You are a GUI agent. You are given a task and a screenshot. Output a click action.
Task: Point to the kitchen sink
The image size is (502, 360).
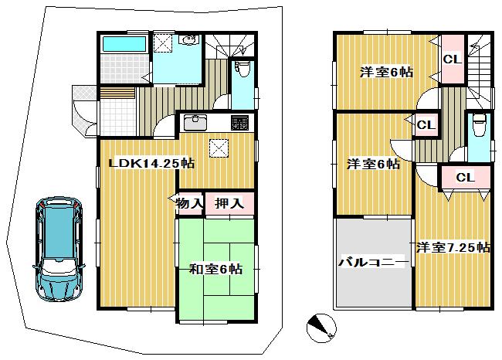coord(196,122)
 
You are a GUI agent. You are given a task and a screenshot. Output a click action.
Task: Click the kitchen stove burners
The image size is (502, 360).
coord(239,122)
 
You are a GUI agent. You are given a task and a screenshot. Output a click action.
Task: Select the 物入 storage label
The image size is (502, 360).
coord(190,203)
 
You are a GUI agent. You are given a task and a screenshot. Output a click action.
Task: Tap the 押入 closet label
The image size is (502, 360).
coord(229,203)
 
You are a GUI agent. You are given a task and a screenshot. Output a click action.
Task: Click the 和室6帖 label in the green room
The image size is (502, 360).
coord(216,269)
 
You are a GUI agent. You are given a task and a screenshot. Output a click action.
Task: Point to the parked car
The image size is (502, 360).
coord(59,249)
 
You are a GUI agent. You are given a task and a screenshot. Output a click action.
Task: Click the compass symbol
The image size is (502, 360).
coord(321,328)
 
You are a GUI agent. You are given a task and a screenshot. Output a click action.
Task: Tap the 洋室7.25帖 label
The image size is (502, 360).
coord(453,247)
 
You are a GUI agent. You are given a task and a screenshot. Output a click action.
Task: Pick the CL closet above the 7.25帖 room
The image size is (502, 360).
coord(463,178)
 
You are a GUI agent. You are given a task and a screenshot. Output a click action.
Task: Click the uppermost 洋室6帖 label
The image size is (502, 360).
coord(385,72)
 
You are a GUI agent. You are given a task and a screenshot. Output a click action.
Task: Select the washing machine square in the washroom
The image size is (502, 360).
coord(163,44)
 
